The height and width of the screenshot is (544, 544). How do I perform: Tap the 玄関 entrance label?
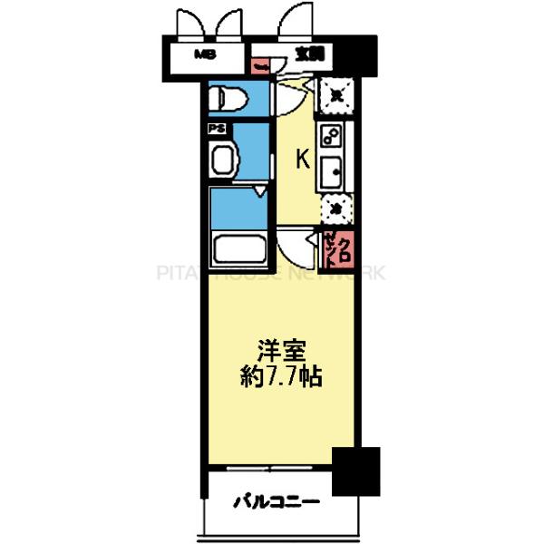pyautogui.click(x=310, y=54)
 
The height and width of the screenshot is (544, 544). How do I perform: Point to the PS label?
pyautogui.click(x=218, y=128)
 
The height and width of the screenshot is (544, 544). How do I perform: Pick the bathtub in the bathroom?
pyautogui.click(x=238, y=247)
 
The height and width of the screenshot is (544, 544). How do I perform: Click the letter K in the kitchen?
pyautogui.click(x=304, y=160)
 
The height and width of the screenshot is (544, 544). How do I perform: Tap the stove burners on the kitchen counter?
pyautogui.click(x=331, y=138)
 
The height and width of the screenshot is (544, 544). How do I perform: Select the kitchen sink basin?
pyautogui.click(x=331, y=170)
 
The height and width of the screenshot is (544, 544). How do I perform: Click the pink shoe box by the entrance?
pyautogui.click(x=260, y=66)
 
